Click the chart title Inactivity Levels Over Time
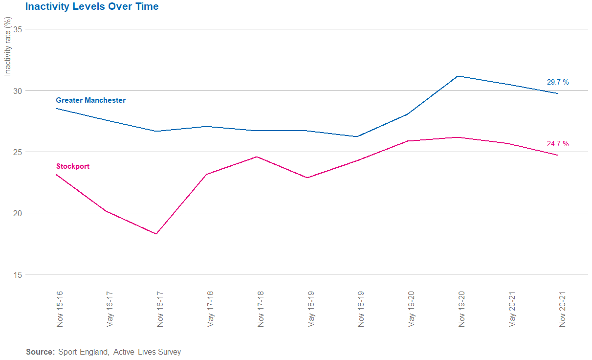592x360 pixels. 92,7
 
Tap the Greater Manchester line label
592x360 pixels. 90,100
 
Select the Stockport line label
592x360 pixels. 73,166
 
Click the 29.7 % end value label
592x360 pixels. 557,82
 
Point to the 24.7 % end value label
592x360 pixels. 557,144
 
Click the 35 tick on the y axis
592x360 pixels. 17,29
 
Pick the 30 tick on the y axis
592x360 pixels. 17,90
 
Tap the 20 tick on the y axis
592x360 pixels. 17,213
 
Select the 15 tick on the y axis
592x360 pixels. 17,274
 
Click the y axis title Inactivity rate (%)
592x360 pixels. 8,46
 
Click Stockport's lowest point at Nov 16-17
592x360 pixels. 156,234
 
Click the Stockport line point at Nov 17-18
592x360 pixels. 257,157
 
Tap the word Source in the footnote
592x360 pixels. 40,352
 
